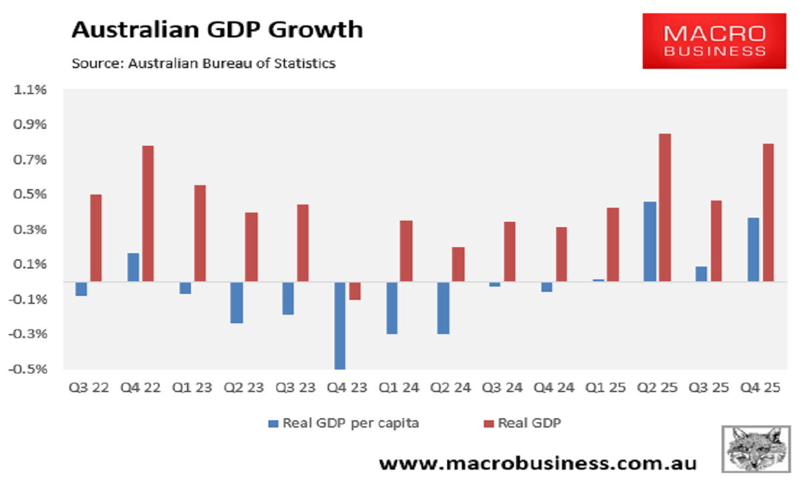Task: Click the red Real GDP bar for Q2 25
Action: pos(664,207)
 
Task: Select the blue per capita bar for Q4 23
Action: pos(340,325)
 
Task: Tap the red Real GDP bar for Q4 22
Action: pos(148,213)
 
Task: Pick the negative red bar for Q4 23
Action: pos(355,291)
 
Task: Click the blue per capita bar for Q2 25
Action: pos(649,241)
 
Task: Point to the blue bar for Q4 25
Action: pos(753,249)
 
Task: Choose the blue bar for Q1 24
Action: pos(392,307)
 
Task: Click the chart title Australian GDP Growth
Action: pos(217,30)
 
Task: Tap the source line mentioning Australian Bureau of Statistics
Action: pos(203,64)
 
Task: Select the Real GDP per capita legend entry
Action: pos(343,423)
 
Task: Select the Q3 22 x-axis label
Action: pos(88,387)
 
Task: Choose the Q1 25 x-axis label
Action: pos(607,387)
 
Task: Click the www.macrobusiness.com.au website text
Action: pos(538,463)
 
